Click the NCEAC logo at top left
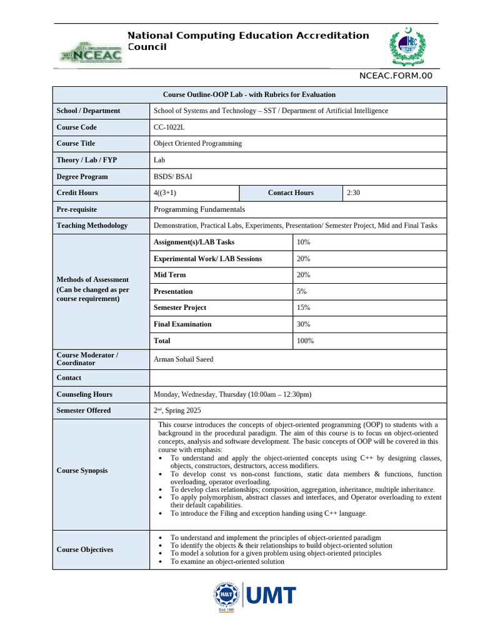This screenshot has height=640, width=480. pyautogui.click(x=91, y=53)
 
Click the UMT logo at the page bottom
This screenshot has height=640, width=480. pyautogui.click(x=253, y=597)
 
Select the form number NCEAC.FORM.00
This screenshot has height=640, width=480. pyautogui.click(x=395, y=76)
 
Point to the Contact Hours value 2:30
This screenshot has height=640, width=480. pyautogui.click(x=353, y=192)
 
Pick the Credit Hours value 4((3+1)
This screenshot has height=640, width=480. pyautogui.click(x=169, y=192)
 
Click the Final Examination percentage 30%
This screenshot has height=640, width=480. pyautogui.click(x=304, y=324)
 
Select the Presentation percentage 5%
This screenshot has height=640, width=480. pyautogui.click(x=302, y=291)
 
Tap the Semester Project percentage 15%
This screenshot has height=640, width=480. pyautogui.click(x=304, y=307)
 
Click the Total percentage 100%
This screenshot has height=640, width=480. pyautogui.click(x=306, y=341)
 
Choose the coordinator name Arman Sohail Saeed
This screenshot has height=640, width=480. pyautogui.click(x=183, y=359)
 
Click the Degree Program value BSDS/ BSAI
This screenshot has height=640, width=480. pyautogui.click(x=173, y=176)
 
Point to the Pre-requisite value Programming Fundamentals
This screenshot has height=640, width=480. pyautogui.click(x=199, y=209)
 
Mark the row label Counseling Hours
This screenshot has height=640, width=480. pyautogui.click(x=84, y=394)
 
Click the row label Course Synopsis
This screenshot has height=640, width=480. pyautogui.click(x=82, y=471)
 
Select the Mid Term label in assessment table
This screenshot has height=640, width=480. pyautogui.click(x=169, y=275)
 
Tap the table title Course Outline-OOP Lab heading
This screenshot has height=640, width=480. pyautogui.click(x=249, y=94)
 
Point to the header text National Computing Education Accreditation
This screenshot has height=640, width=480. pyautogui.click(x=248, y=36)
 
